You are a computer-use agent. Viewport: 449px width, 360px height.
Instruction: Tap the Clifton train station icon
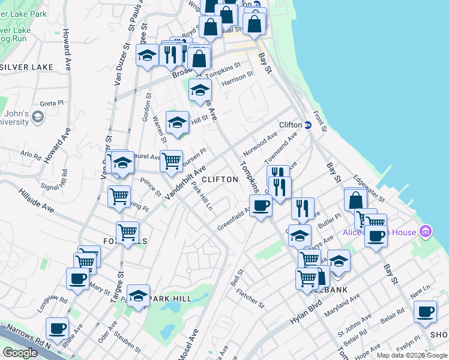tap(308, 125)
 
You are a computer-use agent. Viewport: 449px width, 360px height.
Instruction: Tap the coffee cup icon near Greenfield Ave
tap(261, 206)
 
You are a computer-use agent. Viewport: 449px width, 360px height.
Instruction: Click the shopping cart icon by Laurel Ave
tap(172, 160)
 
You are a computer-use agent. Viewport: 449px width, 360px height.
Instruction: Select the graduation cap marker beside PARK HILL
tap(138, 296)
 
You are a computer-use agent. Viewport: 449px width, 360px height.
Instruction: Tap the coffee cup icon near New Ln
tap(426, 311)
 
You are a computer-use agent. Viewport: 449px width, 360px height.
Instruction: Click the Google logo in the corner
tap(20, 353)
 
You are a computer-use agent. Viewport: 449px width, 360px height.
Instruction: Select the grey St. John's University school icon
tap(38, 116)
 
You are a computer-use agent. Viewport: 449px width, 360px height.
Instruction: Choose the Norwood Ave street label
tap(259, 145)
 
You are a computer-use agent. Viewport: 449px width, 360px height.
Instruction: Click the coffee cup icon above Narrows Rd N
tap(58, 328)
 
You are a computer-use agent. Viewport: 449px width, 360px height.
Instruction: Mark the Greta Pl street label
tap(52, 103)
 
